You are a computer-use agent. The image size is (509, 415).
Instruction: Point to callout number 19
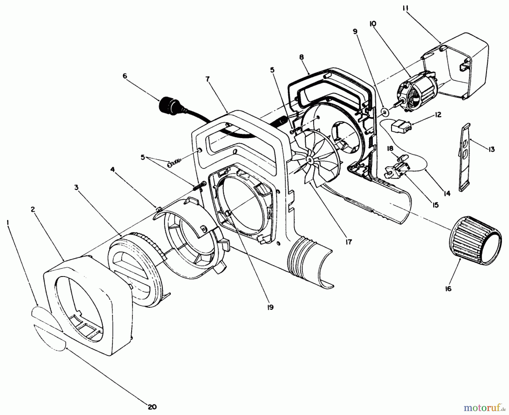pos(270,307)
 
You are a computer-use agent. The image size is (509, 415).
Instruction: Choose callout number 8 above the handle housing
pos(301,57)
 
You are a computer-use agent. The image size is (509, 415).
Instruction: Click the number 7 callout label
pos(208,79)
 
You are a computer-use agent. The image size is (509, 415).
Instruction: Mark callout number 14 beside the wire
pos(447,194)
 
